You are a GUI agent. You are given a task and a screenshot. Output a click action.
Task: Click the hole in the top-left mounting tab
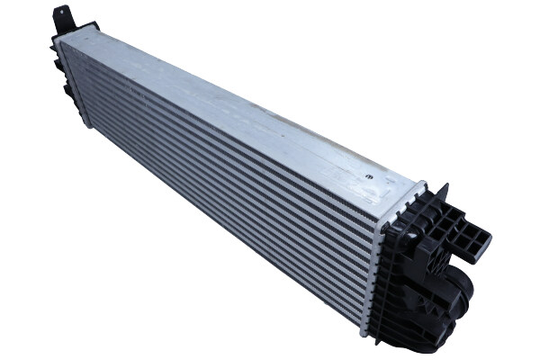point(62,13)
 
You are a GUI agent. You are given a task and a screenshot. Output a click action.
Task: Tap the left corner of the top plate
point(56,40)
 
